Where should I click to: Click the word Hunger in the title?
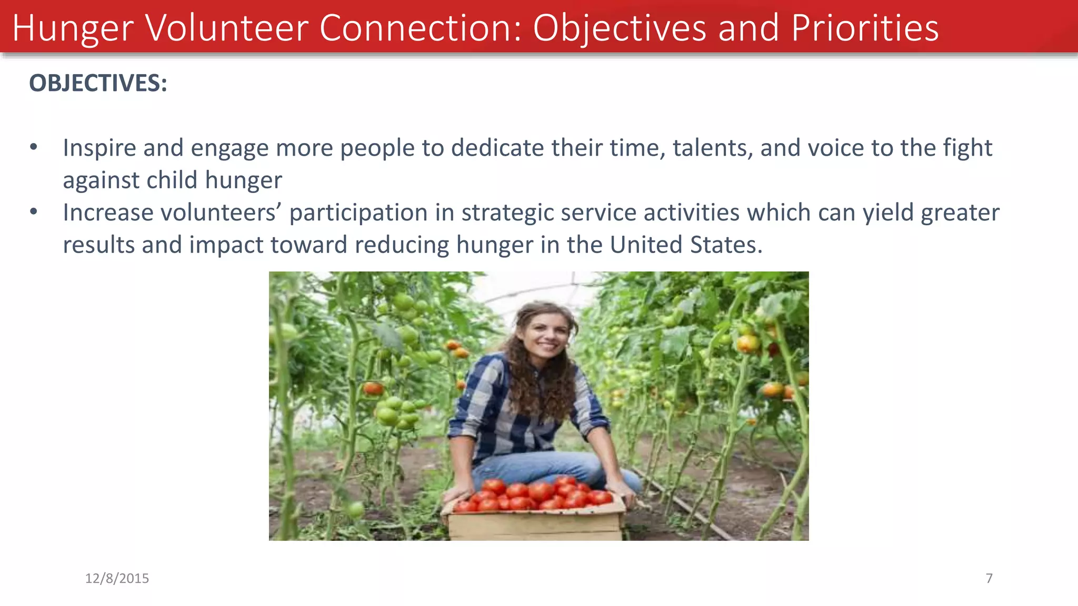73,28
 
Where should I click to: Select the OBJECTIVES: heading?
98,83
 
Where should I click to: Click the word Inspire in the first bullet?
99,148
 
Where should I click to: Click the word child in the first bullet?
172,180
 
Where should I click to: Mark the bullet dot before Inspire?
34,147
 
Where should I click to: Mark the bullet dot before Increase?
34,212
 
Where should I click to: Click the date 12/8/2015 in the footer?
117,578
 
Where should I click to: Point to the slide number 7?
989,578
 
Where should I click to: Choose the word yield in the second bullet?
889,213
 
